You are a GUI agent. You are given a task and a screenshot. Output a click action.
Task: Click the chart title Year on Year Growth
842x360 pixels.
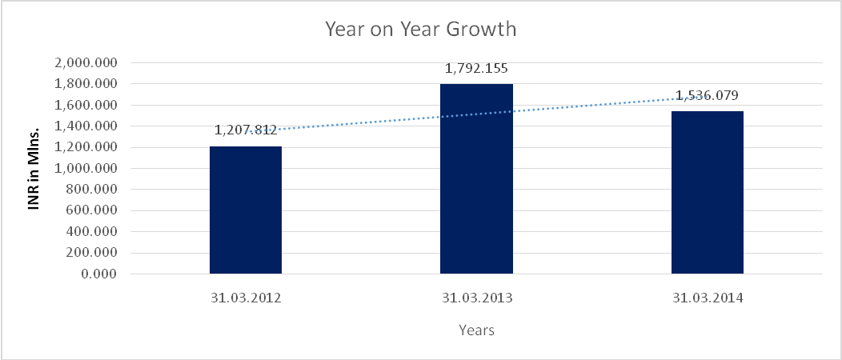coord(420,30)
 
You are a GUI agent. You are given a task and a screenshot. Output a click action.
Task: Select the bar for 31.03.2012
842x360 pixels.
coord(246,210)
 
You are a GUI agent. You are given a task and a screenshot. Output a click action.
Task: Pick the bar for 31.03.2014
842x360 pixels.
coord(707,193)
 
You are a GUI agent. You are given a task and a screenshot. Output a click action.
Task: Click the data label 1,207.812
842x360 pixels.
coord(246,130)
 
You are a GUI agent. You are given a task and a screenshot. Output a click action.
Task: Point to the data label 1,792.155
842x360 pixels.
coord(476,68)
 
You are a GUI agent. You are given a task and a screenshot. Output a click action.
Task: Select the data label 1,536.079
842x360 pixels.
coord(707,95)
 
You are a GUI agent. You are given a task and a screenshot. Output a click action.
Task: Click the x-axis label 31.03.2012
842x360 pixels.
coord(246,298)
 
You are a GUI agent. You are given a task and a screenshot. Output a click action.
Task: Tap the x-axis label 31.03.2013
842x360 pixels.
coord(476,298)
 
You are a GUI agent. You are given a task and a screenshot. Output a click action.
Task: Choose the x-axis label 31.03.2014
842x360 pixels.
coord(707,298)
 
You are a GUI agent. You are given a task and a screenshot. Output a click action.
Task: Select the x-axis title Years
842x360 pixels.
coord(476,330)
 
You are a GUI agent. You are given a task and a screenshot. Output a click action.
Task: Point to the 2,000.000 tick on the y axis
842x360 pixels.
coord(85,63)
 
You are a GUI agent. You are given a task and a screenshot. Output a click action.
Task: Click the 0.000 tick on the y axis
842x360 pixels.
coord(98,274)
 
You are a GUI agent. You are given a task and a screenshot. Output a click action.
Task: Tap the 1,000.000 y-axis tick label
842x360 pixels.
coord(85,169)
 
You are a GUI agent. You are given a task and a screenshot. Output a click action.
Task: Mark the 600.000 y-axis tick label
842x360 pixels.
coord(90,211)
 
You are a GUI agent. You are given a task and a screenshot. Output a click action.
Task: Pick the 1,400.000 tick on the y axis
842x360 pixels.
coord(85,126)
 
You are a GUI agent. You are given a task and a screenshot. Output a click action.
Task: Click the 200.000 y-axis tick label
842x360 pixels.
coord(90,254)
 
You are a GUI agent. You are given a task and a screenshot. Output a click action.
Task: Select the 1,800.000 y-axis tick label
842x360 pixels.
coord(85,84)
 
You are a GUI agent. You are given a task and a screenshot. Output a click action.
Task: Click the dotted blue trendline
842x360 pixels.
coord(360,121)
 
